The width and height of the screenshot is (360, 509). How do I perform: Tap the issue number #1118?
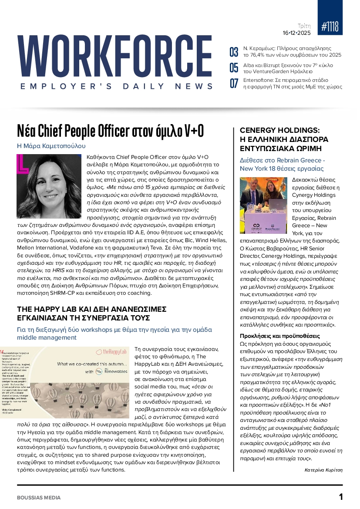pyautogui.click(x=330, y=27)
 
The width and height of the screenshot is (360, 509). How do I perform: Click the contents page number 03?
pyautogui.click(x=234, y=52)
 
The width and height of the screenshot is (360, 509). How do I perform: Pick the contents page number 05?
pyautogui.click(x=234, y=67)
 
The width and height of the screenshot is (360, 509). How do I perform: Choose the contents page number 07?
pyautogui.click(x=234, y=83)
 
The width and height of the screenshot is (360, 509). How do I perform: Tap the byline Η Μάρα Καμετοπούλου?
pyautogui.click(x=51, y=146)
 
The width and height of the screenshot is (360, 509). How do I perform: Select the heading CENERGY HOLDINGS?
pyautogui.click(x=280, y=130)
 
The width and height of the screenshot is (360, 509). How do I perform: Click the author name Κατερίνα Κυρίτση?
pyautogui.click(x=324, y=470)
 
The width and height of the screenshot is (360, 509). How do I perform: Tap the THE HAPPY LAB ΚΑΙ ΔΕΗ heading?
pyautogui.click(x=92, y=313)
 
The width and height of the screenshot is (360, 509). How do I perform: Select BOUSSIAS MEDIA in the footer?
pyautogui.click(x=39, y=497)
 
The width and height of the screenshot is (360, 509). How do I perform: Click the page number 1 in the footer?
pyautogui.click(x=341, y=497)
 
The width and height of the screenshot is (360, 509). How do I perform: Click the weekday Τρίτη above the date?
pyautogui.click(x=304, y=26)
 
